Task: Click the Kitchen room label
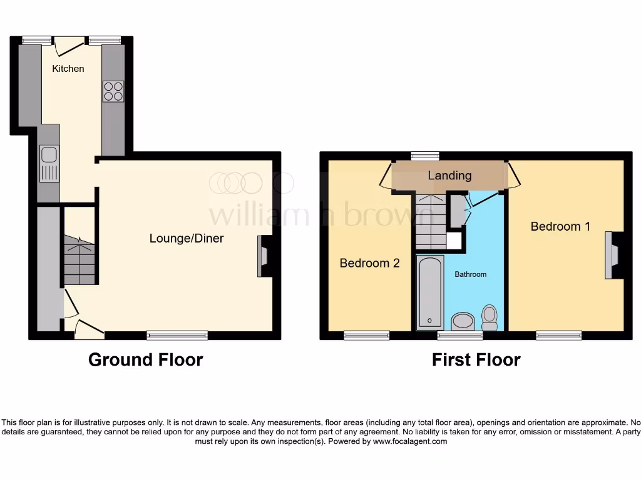coord(68,68)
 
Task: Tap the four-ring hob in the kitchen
coord(113,91)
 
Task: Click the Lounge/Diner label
coord(187,238)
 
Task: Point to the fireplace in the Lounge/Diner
coord(262,256)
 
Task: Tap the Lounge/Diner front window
coord(177,336)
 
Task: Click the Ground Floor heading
coord(145,360)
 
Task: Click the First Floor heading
coord(476,360)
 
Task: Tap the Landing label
coord(449,176)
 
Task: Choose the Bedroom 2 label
coord(369,263)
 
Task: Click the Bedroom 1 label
coord(560,226)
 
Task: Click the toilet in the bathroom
coord(490,316)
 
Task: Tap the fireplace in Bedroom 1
coord(611,255)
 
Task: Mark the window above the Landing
coord(425,156)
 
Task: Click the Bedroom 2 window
coord(366,336)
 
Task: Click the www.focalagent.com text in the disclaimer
coord(410,441)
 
